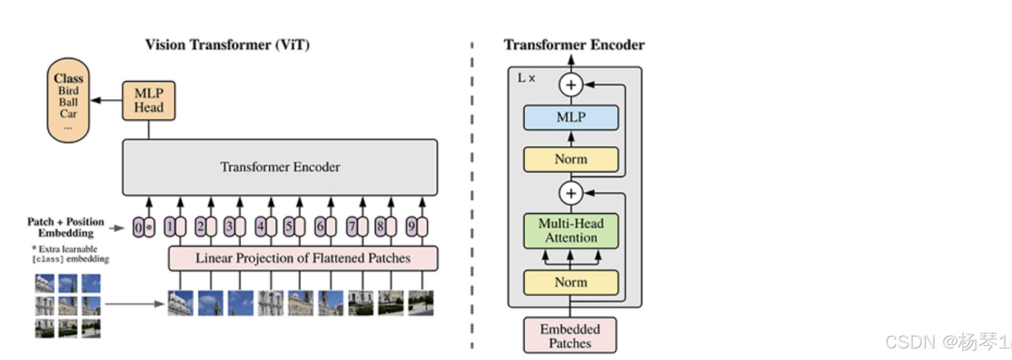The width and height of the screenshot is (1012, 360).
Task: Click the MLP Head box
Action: pyautogui.click(x=148, y=100)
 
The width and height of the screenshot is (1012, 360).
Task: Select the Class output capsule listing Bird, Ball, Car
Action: pyautogui.click(x=68, y=100)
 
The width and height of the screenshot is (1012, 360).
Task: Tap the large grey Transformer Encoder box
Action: pyautogui.click(x=280, y=167)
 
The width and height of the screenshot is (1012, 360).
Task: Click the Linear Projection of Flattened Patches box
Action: pyautogui.click(x=303, y=258)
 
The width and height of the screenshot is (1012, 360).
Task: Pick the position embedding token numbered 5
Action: pyautogui.click(x=289, y=227)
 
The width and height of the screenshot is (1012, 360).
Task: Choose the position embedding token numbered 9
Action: pyautogui.click(x=411, y=227)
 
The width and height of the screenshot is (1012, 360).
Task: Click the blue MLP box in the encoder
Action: pyautogui.click(x=570, y=117)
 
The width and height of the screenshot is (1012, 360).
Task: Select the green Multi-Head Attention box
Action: pyautogui.click(x=570, y=230)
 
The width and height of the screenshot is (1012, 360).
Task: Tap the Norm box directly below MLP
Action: pyautogui.click(x=570, y=159)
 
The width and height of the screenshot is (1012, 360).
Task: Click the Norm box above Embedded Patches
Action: pyautogui.click(x=570, y=282)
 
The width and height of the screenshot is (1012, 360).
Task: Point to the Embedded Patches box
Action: pyautogui.click(x=570, y=336)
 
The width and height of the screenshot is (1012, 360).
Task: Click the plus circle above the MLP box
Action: pyautogui.click(x=570, y=85)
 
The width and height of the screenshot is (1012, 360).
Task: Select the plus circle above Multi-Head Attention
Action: pyautogui.click(x=570, y=193)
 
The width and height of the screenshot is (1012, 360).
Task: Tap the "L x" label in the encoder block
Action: pyautogui.click(x=526, y=78)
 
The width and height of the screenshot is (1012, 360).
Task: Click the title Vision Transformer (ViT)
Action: pyautogui.click(x=227, y=45)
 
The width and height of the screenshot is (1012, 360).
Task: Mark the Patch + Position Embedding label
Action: pyautogui.click(x=66, y=227)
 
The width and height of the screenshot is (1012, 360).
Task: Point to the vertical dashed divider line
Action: pyautogui.click(x=472, y=195)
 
